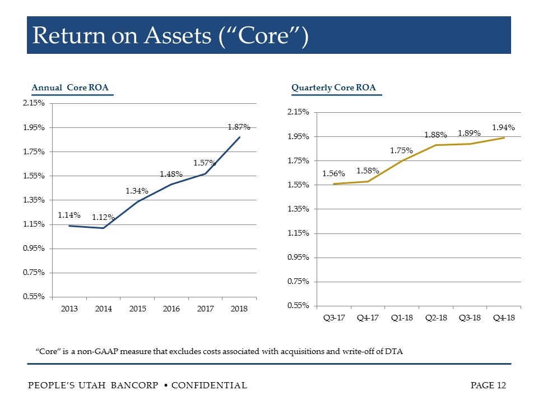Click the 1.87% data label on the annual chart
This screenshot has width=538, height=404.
(239, 127)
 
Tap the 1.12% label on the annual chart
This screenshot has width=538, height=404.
(104, 218)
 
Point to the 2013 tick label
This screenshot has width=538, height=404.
(69, 309)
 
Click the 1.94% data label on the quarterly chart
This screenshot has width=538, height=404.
(503, 128)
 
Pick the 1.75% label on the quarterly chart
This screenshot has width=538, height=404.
(401, 150)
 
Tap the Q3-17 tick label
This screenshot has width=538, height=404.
(333, 318)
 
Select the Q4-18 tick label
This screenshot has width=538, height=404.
(504, 318)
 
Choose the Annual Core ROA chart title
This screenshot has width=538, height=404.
(70, 88)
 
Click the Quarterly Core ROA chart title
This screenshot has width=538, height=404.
(333, 88)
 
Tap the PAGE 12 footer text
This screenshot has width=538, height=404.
(489, 385)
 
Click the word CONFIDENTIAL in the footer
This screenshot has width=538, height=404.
(208, 385)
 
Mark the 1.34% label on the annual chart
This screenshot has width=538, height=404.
(137, 191)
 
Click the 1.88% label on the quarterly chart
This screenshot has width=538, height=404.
(435, 135)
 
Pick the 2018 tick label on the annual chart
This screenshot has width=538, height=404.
(239, 309)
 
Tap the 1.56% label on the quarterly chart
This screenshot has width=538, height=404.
(333, 174)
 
